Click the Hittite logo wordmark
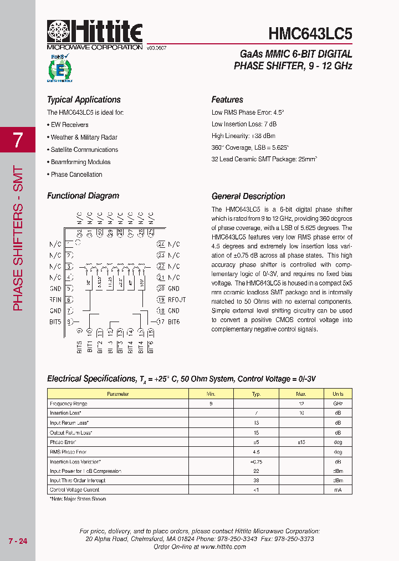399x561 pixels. pos(95,32)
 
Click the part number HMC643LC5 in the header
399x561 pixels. pos(310,33)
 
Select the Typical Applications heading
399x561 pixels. pos(84,100)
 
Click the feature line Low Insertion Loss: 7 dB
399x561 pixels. pos(244,124)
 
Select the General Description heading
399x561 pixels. pos(248,196)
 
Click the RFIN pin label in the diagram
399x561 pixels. pos(55,300)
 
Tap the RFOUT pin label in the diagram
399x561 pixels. pos(177,300)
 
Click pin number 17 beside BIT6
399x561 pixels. pos(161,322)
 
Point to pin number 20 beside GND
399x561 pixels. pos(161,289)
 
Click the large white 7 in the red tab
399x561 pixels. pos(18,140)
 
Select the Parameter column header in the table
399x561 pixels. pos(117,394)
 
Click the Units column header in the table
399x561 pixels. pos(337,394)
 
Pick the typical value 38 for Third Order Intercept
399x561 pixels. pos(256,481)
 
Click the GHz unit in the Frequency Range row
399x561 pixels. pos(337,404)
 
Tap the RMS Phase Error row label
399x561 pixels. pos(68,452)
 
